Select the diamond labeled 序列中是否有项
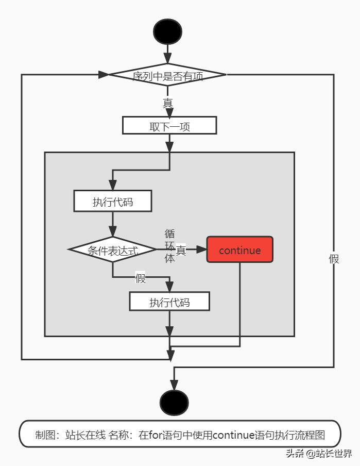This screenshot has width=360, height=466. pos(168,75)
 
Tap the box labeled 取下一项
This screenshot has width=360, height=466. pos(169,126)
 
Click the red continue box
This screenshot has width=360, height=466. pos(239,250)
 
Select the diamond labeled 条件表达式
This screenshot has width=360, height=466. pos(113,250)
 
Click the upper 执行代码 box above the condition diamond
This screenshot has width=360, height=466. pos(113,201)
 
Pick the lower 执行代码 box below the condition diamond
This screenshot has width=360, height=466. pos(169,302)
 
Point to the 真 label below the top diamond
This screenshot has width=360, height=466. pos(168,103)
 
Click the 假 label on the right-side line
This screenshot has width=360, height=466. pos(334,259)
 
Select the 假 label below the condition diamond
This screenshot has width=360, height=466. pos(140,278)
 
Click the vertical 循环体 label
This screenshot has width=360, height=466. pos(169,246)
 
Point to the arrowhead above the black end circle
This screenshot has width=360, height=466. pos(174,385)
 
